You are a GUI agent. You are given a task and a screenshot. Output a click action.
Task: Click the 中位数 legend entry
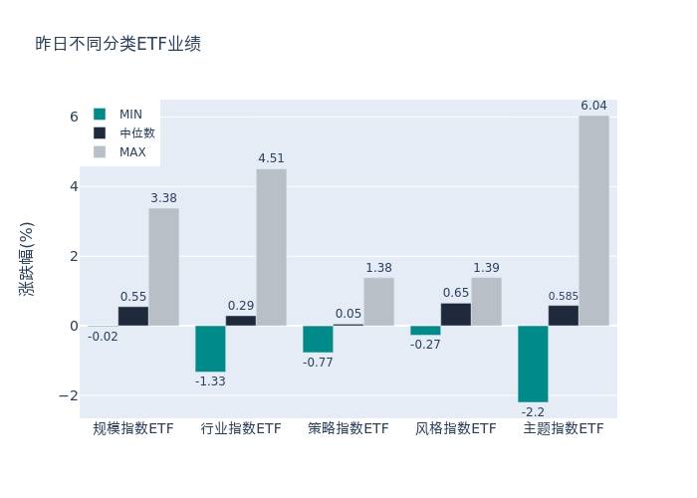click(x=136, y=132)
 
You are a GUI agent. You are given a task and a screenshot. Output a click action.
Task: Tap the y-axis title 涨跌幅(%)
click(x=27, y=258)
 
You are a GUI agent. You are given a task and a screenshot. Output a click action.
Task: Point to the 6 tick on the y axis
click(x=73, y=117)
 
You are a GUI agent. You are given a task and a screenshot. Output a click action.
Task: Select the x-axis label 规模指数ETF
click(x=133, y=429)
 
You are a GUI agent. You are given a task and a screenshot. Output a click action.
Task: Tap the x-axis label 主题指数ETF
click(x=564, y=429)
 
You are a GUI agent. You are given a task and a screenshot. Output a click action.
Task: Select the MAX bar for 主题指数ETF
click(x=593, y=220)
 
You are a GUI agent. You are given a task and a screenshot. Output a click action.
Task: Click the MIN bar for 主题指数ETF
click(x=533, y=364)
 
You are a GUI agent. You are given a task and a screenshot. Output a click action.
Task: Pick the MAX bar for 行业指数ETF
click(x=271, y=247)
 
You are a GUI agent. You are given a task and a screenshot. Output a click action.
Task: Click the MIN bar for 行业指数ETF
click(x=210, y=349)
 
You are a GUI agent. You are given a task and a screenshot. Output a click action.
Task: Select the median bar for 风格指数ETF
click(x=456, y=315)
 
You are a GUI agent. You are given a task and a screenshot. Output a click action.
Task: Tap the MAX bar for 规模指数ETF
click(x=163, y=267)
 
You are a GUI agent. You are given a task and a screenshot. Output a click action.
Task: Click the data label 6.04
click(x=593, y=106)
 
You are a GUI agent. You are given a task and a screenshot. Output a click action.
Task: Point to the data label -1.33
click(x=210, y=381)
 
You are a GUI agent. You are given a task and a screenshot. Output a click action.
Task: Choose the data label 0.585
click(x=564, y=296)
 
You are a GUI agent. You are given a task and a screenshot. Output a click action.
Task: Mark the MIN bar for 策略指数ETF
click(x=318, y=339)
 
